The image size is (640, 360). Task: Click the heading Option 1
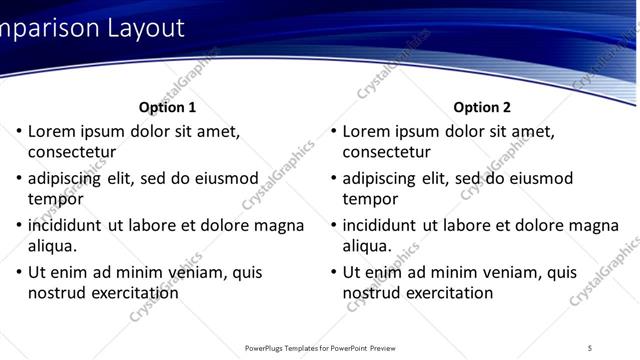[167, 107]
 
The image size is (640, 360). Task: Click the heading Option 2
[482, 107]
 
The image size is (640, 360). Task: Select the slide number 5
[590, 348]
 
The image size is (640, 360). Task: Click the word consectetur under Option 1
[72, 152]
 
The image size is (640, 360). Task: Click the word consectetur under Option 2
[387, 152]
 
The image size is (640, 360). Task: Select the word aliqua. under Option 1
[53, 246]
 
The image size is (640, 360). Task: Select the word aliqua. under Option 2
[368, 246]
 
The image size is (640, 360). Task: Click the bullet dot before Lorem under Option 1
[19, 131]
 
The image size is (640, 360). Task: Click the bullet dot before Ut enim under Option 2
[334, 272]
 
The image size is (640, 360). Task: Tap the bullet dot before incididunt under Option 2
[334, 225]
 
